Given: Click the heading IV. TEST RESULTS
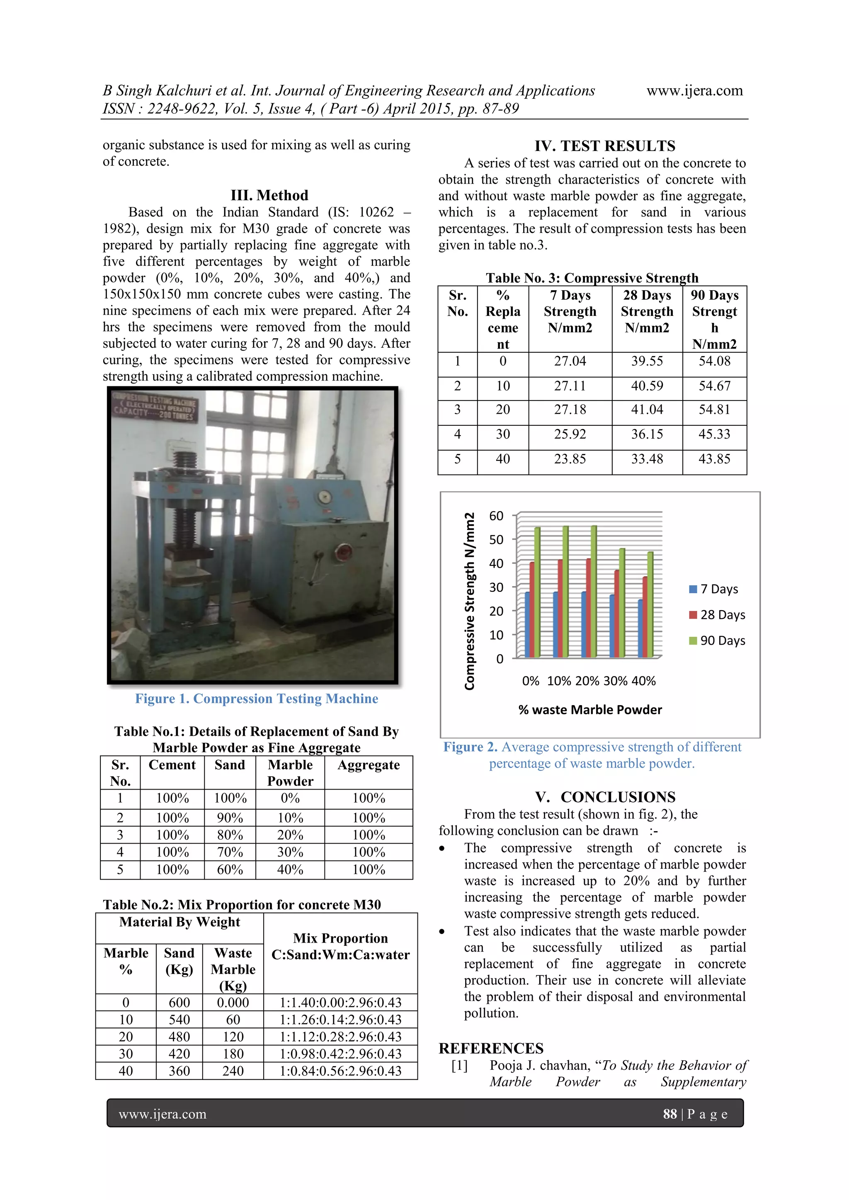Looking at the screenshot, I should [x=604, y=146].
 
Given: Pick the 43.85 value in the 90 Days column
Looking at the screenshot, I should [x=714, y=459].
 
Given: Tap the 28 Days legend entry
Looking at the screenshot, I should [x=717, y=615].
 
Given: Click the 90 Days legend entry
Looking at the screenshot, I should [x=717, y=640].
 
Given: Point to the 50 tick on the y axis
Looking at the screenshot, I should [x=496, y=539].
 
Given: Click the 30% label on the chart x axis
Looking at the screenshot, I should [x=615, y=681].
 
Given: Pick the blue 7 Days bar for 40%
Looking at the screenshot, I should [x=640, y=628].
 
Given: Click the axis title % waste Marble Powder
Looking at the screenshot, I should [x=590, y=710].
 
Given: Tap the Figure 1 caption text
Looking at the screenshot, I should [x=256, y=699].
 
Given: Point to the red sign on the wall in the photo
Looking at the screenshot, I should [x=154, y=406].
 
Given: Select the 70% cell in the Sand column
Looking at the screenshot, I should [x=230, y=852].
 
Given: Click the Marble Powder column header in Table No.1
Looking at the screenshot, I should [x=290, y=773].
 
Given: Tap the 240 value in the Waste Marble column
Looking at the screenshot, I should [x=233, y=1071].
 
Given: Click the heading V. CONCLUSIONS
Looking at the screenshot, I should [x=604, y=797].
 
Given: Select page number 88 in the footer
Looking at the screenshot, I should [x=669, y=1114].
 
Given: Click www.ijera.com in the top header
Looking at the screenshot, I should [x=694, y=91].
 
